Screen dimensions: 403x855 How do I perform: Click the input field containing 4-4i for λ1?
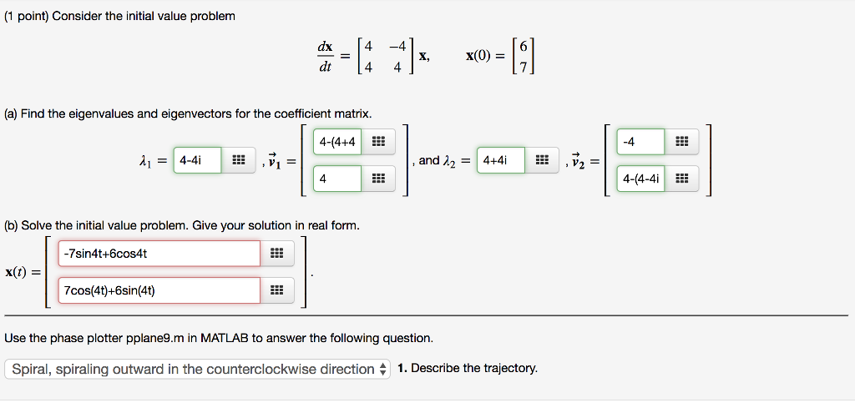[x=197, y=160]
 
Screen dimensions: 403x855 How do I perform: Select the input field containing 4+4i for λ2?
[x=500, y=160]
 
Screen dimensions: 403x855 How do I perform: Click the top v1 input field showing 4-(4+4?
[x=337, y=142]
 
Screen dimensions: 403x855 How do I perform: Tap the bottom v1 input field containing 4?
[x=337, y=179]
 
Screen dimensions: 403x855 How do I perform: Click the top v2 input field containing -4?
[x=640, y=142]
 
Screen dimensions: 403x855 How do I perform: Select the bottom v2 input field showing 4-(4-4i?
[x=640, y=179]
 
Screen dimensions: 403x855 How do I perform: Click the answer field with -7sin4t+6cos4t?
[x=159, y=254]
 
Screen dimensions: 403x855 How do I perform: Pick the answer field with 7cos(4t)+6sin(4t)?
[x=159, y=290]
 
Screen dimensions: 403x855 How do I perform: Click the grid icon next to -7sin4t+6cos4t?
[x=277, y=254]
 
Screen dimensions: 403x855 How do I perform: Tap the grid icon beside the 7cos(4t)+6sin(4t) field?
[x=277, y=290]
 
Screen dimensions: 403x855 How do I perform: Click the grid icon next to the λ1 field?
[x=238, y=160]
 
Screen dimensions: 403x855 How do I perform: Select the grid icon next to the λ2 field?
[x=541, y=160]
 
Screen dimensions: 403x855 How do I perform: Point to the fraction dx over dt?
[x=325, y=58]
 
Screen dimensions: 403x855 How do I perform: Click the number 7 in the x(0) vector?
[x=524, y=68]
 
